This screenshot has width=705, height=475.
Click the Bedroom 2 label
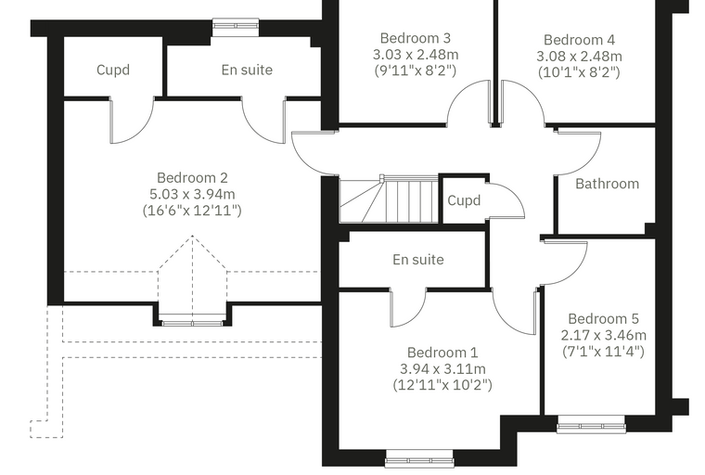[192, 178]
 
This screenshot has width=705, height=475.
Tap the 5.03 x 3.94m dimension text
[192, 194]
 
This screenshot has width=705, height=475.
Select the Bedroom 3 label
[416, 38]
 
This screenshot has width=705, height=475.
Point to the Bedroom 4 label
[579, 40]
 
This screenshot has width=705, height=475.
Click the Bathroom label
[607, 184]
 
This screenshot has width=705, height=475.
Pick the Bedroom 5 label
[603, 318]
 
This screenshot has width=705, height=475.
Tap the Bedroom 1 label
[442, 353]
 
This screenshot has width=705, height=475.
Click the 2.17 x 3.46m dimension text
[603, 335]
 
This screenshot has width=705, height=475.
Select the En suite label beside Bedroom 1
[418, 260]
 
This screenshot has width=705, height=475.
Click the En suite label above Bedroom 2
[247, 70]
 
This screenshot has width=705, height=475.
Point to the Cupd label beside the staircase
[464, 200]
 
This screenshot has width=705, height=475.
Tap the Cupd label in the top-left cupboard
[113, 70]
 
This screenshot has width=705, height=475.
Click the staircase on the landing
[389, 199]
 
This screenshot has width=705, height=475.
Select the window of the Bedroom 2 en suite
[236, 27]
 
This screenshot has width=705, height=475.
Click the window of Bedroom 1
[419, 460]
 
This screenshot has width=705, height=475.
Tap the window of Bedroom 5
[591, 426]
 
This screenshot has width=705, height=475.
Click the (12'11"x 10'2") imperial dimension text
[442, 385]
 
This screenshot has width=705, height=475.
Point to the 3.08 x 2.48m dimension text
[579, 57]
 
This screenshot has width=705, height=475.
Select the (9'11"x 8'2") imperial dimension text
[416, 71]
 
